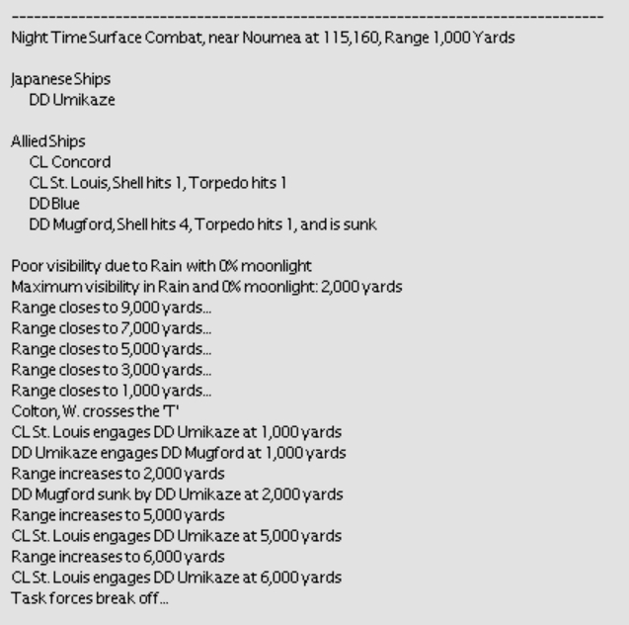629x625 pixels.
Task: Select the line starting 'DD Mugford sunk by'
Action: click(177, 492)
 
